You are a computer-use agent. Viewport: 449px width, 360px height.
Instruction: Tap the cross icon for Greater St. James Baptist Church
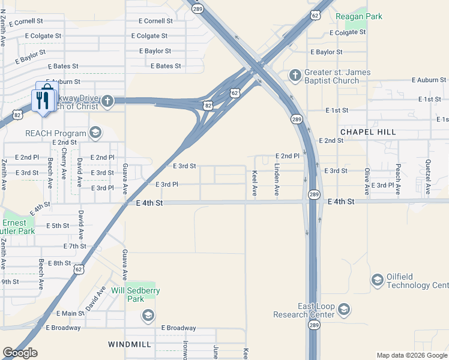click(x=295, y=76)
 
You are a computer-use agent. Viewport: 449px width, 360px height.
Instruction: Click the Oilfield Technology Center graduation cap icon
click(x=377, y=280)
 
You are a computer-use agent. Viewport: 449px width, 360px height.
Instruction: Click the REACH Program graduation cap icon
click(x=95, y=133)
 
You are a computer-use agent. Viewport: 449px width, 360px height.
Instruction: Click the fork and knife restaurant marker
click(x=43, y=100)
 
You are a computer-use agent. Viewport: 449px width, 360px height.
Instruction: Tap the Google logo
click(x=20, y=353)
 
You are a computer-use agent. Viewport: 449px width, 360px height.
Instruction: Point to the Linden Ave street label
click(x=277, y=179)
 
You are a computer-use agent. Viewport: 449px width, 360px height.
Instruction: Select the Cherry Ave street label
click(x=64, y=163)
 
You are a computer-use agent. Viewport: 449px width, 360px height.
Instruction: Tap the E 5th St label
click(x=58, y=226)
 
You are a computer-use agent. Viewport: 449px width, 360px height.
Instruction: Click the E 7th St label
click(x=75, y=247)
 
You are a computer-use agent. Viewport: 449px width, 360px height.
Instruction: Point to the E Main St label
click(x=70, y=314)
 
